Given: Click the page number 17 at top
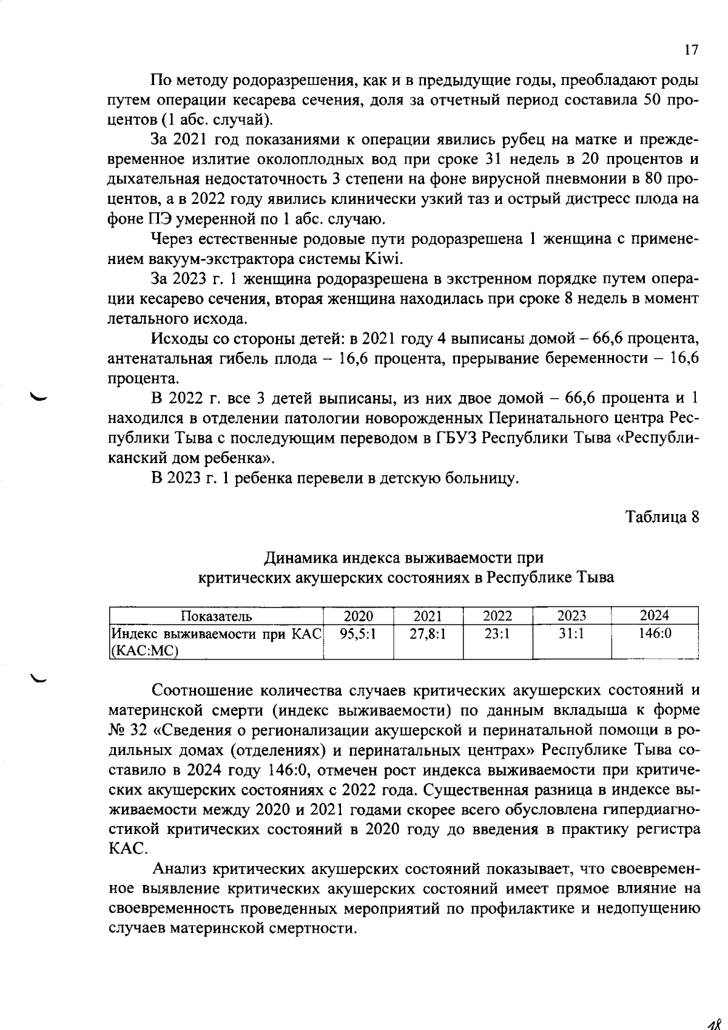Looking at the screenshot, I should click(x=691, y=51).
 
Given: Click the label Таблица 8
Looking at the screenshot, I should click(x=662, y=517).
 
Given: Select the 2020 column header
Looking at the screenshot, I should click(x=358, y=615).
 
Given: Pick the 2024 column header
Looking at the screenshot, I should click(x=655, y=615).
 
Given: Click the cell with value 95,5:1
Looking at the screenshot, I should click(x=358, y=634).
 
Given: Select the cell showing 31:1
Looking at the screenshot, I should click(x=571, y=634).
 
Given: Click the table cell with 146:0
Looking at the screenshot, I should click(x=655, y=634).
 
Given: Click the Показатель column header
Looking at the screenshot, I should click(x=217, y=616).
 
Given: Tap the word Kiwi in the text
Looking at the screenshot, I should click(x=383, y=259).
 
